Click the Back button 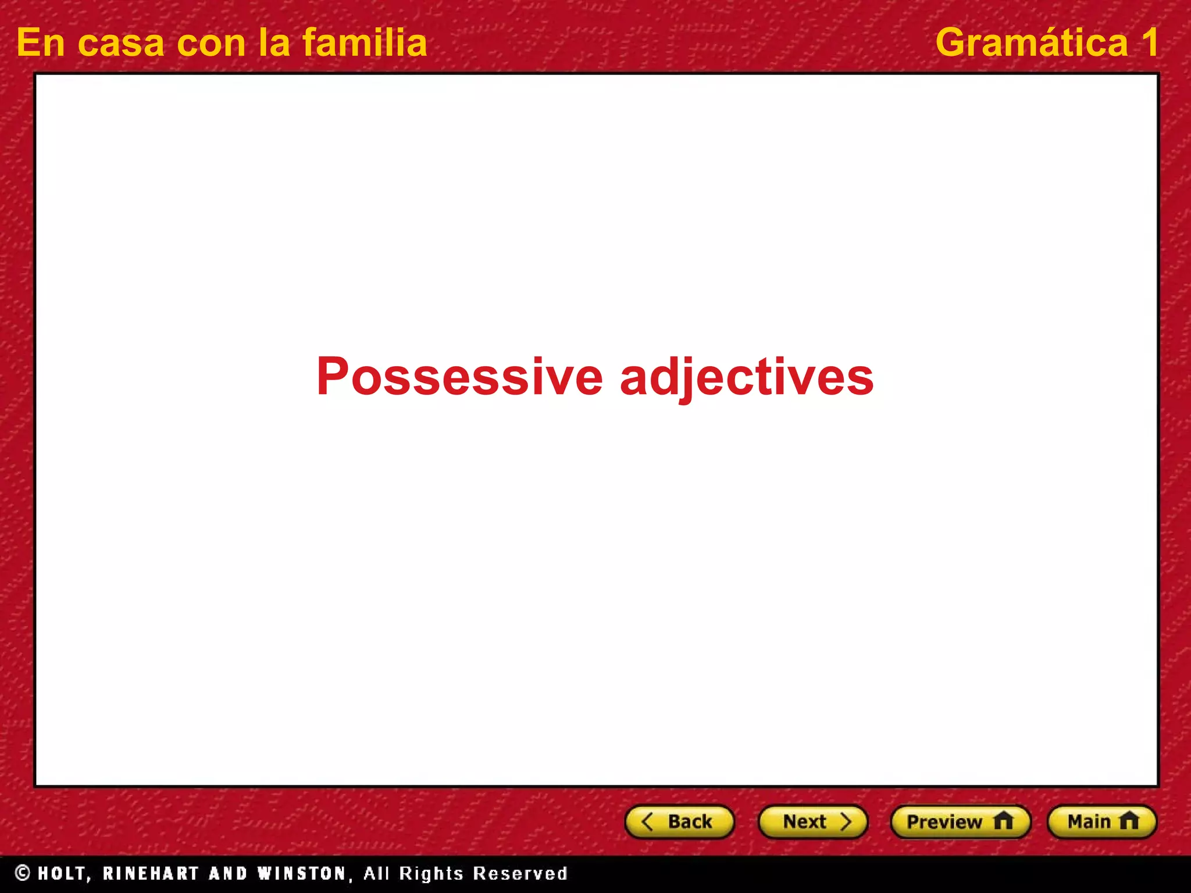[679, 821]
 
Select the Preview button [960, 821]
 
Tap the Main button [1101, 821]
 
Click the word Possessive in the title [459, 377]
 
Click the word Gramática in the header [1032, 43]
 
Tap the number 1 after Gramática [1149, 43]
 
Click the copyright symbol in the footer [23, 873]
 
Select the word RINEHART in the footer [151, 873]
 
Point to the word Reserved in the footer [520, 873]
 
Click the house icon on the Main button [1129, 821]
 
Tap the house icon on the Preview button [1003, 821]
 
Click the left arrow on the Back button [647, 821]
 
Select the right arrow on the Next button [846, 821]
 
